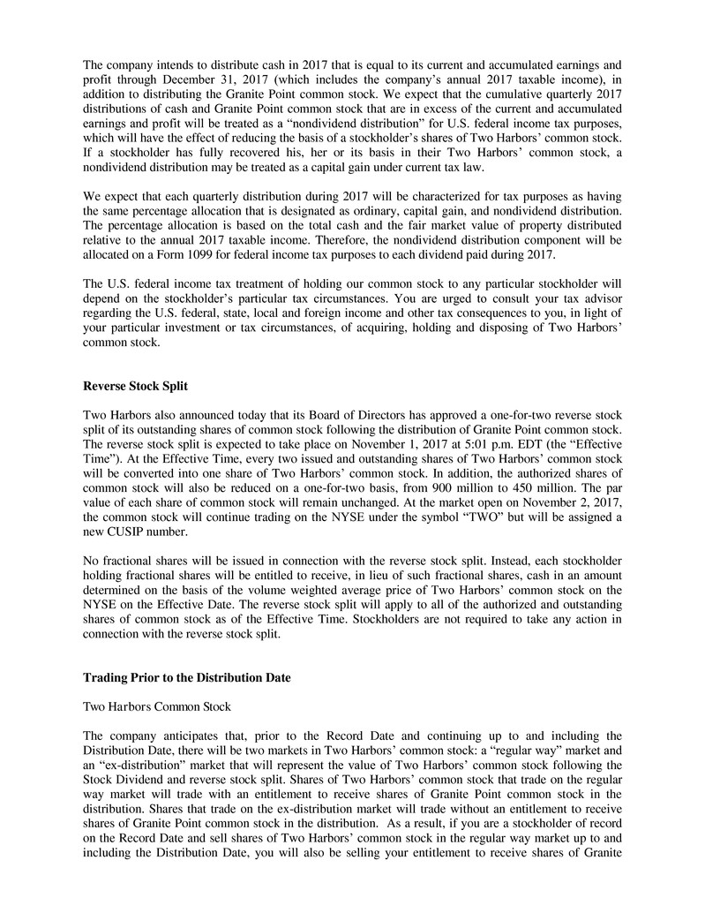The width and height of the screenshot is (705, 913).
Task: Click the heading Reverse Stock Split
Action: (x=137, y=385)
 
